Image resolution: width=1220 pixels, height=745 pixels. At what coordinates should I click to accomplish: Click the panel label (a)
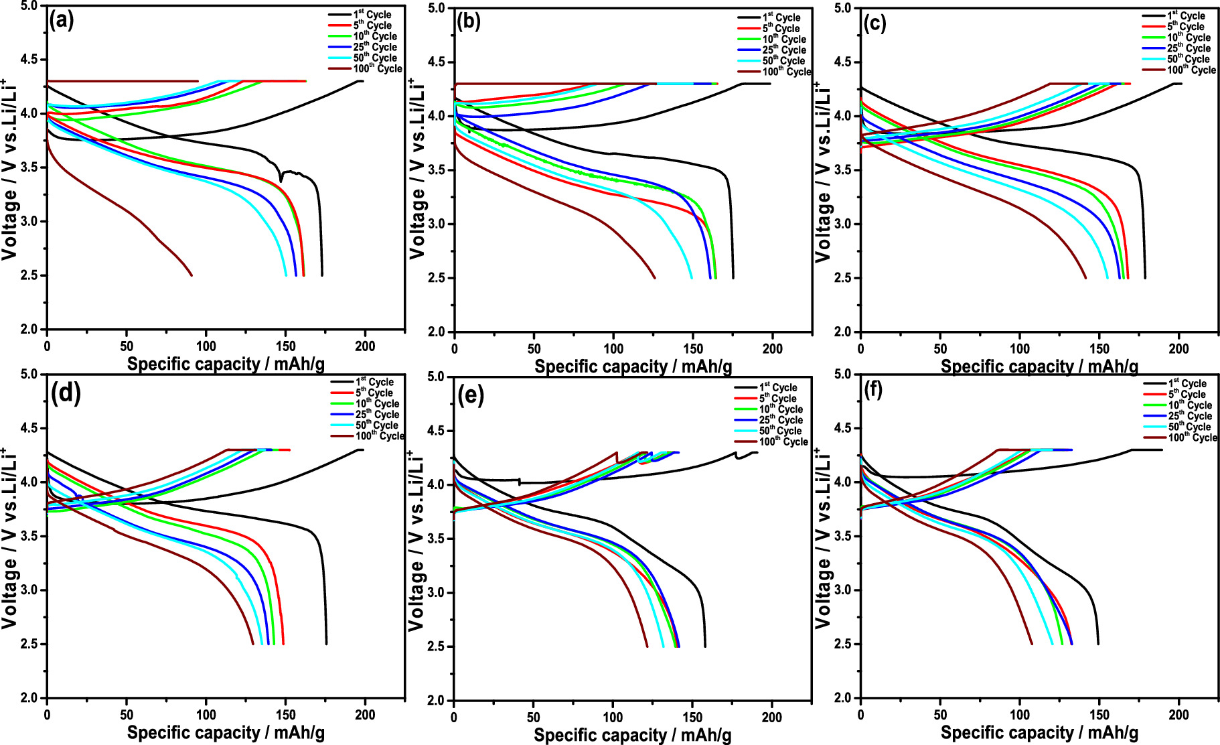tap(61, 21)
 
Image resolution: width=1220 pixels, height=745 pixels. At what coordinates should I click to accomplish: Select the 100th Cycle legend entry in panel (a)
tap(377, 68)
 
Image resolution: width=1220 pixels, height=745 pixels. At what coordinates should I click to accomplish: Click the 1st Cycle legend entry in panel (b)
tap(781, 17)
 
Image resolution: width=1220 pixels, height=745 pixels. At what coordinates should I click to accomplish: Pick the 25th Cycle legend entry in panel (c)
tap(1188, 48)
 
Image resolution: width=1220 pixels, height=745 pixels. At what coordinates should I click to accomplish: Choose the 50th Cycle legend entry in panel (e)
tap(779, 431)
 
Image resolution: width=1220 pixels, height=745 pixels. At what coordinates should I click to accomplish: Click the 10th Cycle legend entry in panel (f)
tap(1189, 405)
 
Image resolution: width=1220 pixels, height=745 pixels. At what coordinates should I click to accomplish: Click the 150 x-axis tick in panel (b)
tap(693, 349)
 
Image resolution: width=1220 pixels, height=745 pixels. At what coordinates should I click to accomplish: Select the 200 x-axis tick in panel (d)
tap(365, 715)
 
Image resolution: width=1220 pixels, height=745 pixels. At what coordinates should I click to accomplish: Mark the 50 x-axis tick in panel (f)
tap(940, 715)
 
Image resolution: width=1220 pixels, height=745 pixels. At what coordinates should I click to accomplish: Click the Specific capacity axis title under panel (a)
tap(226, 364)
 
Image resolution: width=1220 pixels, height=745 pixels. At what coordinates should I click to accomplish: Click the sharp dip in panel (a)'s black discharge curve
tap(281, 180)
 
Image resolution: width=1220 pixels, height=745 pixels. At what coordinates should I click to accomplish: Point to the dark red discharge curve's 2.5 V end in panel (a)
tap(192, 275)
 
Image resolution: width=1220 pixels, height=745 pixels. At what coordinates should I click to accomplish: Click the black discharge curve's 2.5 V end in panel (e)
tap(705, 646)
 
